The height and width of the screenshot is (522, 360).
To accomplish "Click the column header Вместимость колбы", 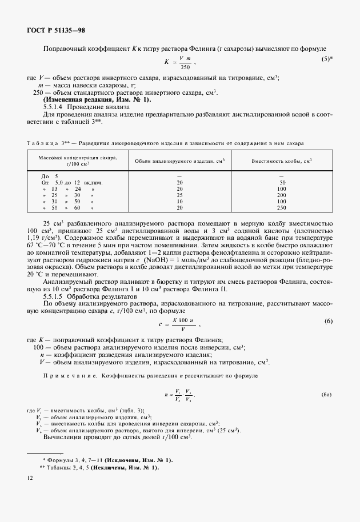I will click(282, 161).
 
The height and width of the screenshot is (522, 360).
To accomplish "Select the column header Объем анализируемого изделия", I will click(179, 161).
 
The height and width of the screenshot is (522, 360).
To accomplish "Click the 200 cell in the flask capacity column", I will click(281, 195).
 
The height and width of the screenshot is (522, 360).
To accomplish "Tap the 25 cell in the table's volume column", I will click(179, 195).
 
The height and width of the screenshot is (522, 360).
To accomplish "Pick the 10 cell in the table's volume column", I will click(179, 202).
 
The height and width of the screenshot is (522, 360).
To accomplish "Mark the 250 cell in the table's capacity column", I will click(281, 208).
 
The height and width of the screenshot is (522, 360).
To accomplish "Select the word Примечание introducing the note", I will click(70, 376).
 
